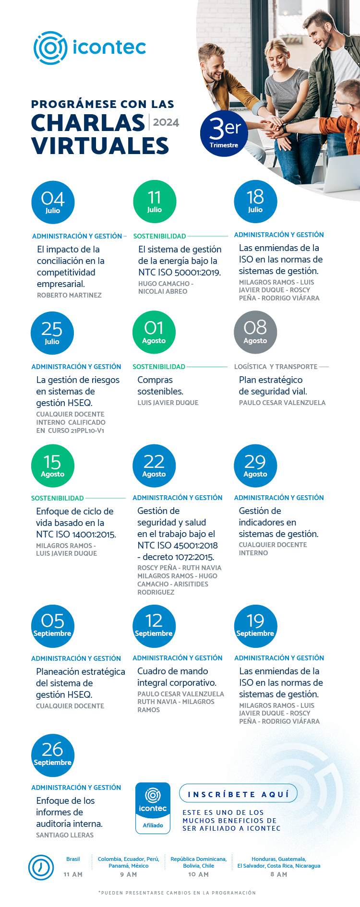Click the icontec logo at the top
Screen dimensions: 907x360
point(90,48)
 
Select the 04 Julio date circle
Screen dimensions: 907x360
point(53,202)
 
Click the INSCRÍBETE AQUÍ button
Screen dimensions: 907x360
point(238,794)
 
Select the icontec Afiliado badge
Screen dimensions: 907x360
point(153,808)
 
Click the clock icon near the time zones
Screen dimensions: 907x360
point(41,868)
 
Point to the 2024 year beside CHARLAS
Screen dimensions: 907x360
point(166,122)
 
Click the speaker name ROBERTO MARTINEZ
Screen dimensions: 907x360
point(69,296)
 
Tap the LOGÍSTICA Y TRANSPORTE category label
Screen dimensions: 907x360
point(276,367)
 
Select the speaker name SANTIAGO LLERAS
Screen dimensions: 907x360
point(65,835)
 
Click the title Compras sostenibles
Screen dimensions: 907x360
point(160,386)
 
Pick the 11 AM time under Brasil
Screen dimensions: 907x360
point(73,874)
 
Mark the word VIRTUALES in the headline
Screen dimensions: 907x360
point(100,146)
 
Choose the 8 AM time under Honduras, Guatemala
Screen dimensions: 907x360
point(278,874)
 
